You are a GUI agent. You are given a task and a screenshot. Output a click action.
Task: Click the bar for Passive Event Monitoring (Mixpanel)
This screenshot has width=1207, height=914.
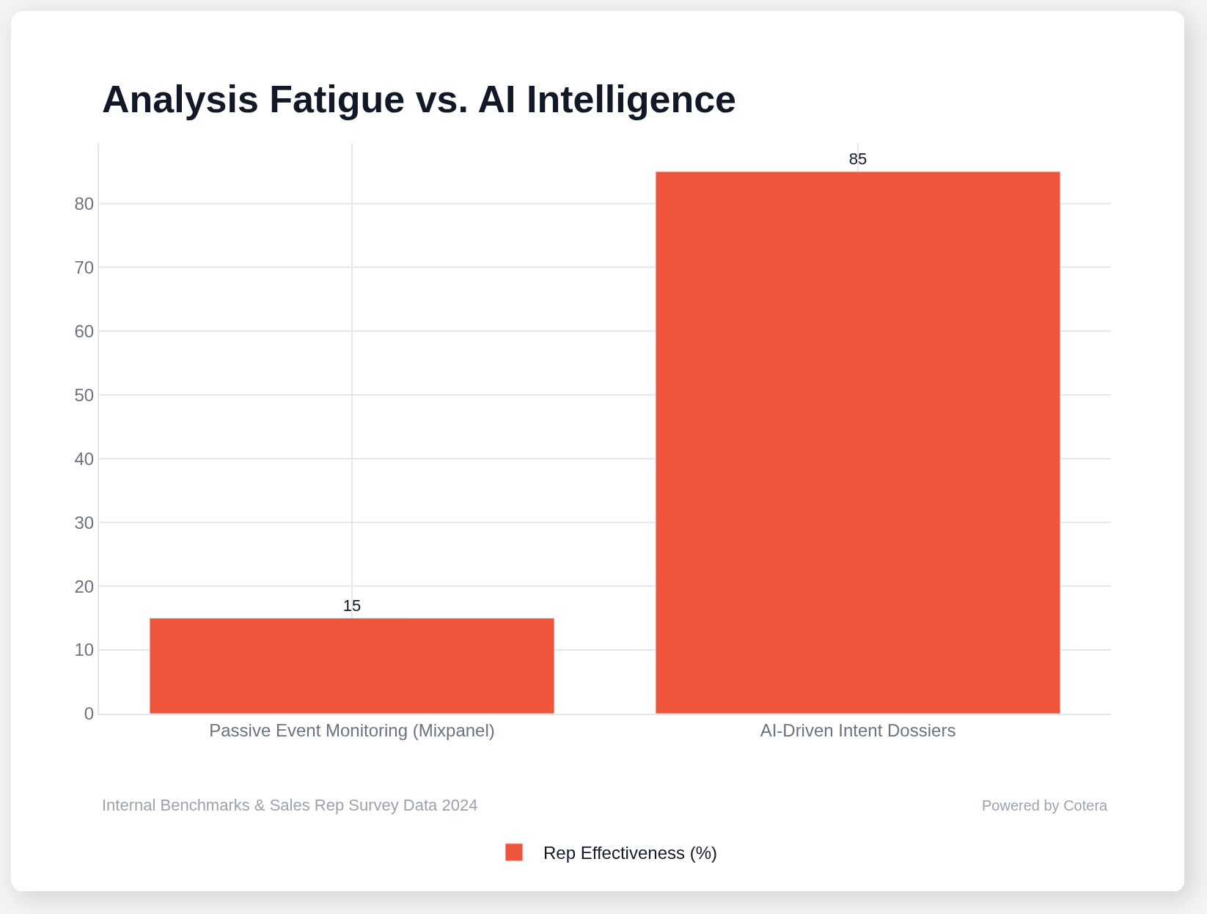352,665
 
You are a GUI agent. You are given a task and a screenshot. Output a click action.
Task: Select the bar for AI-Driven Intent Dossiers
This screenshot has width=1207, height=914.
857,442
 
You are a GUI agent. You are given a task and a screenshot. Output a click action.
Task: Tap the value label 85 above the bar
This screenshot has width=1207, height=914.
857,159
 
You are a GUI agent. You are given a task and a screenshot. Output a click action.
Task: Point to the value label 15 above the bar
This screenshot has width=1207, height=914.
352,606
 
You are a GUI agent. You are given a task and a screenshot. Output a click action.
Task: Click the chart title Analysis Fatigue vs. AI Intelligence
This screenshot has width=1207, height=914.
419,100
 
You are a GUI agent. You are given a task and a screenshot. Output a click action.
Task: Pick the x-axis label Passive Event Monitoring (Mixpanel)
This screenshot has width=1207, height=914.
352,731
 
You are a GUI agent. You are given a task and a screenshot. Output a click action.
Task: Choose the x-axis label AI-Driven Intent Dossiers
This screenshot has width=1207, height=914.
857,731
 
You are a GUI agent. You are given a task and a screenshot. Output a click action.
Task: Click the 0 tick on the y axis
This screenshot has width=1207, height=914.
89,714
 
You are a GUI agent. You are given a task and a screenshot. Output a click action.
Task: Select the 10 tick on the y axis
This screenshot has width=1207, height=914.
84,650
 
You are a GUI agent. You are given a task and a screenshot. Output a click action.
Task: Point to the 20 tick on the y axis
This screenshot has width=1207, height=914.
84,586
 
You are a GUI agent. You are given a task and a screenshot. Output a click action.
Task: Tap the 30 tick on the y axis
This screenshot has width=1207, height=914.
84,522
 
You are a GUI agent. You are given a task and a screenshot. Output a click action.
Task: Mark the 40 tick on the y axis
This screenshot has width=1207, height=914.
84,458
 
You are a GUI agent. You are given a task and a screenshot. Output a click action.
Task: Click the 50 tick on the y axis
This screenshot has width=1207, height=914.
84,395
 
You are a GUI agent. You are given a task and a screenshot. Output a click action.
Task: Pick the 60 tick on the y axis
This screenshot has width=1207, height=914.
84,331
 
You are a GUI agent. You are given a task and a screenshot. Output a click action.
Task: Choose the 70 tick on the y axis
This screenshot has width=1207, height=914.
84,267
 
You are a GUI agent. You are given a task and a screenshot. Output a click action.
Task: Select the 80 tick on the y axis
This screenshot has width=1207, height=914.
84,203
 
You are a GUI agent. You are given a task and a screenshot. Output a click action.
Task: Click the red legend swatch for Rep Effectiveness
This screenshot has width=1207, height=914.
514,852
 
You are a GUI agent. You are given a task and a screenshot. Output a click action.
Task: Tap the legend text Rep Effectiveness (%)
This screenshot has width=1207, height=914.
630,853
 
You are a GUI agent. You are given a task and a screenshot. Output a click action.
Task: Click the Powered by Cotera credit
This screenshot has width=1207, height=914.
1044,805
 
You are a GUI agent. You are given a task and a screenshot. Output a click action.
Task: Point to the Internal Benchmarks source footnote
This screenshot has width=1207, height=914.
290,805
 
